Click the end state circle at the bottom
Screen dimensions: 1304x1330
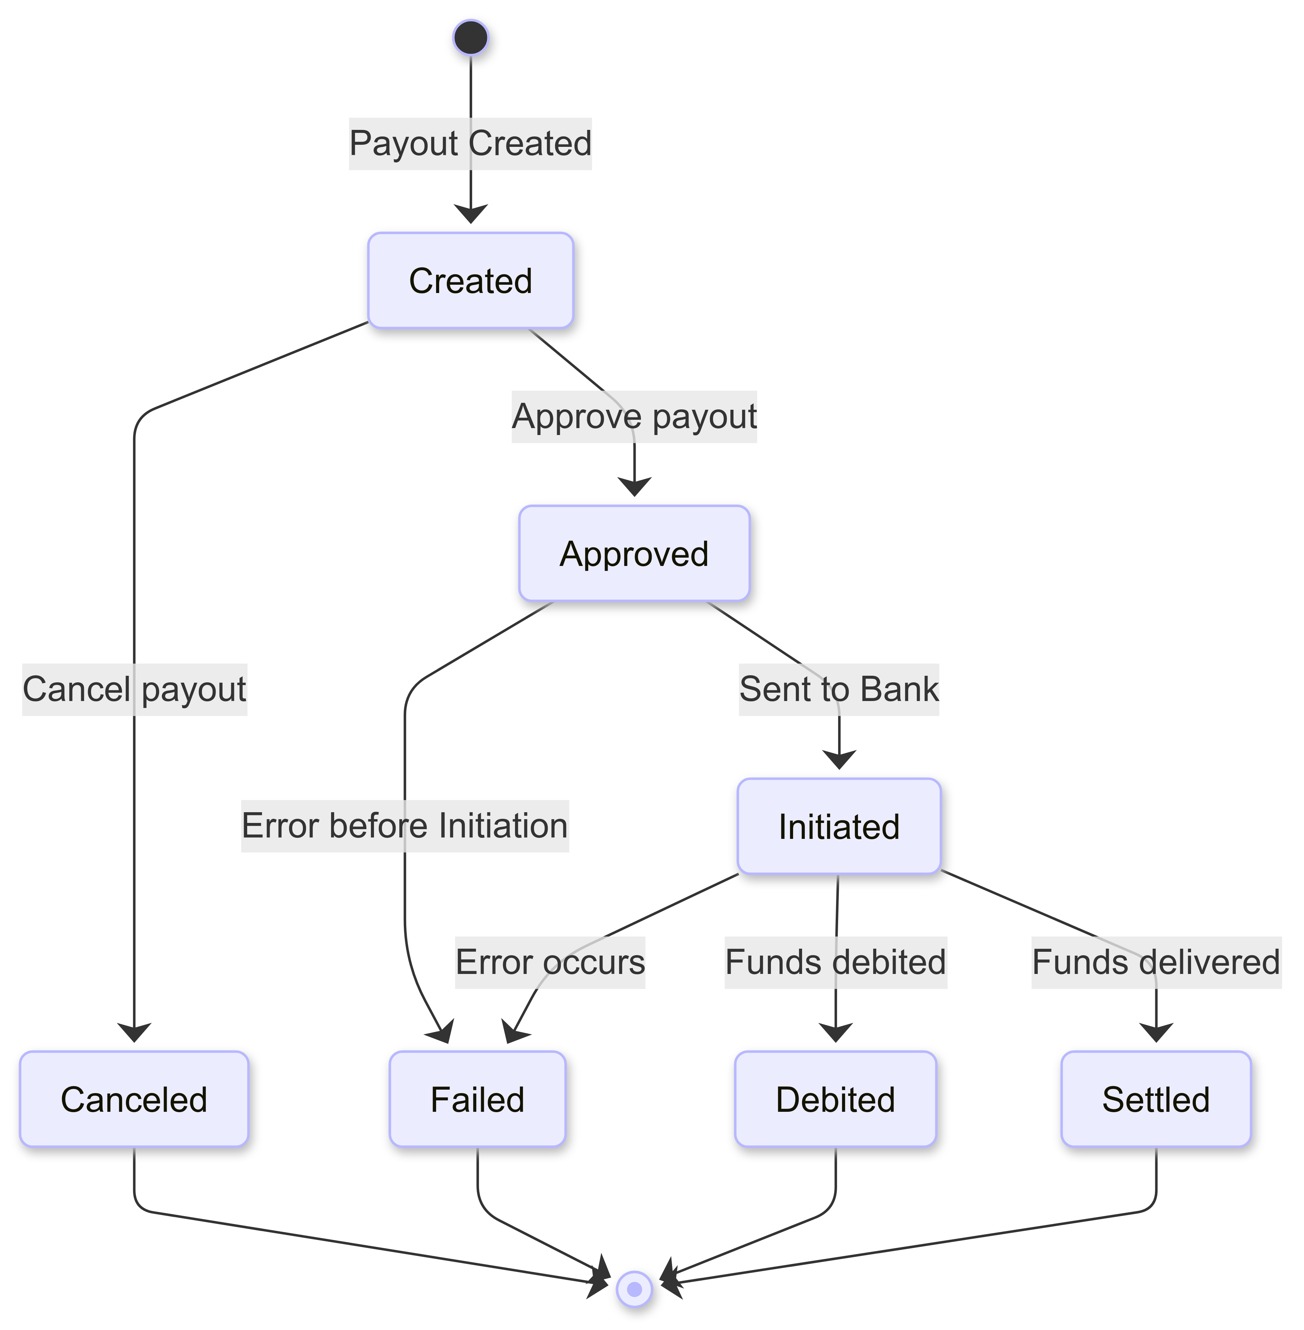pos(634,1289)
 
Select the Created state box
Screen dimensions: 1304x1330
pos(470,281)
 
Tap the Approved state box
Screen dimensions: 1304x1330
pos(634,554)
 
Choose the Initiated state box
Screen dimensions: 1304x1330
pos(839,826)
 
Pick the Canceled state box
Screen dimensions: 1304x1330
pos(134,1099)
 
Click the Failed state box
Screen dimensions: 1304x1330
pos(477,1099)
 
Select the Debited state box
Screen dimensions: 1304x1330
pos(836,1099)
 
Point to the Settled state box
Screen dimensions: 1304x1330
pos(1156,1099)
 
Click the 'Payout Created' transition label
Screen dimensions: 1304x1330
pos(470,144)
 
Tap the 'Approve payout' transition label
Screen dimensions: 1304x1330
pos(634,417)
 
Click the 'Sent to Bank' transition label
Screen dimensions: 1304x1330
pos(839,689)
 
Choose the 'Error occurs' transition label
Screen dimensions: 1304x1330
pos(550,963)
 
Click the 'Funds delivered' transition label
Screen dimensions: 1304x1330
pos(1156,963)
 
